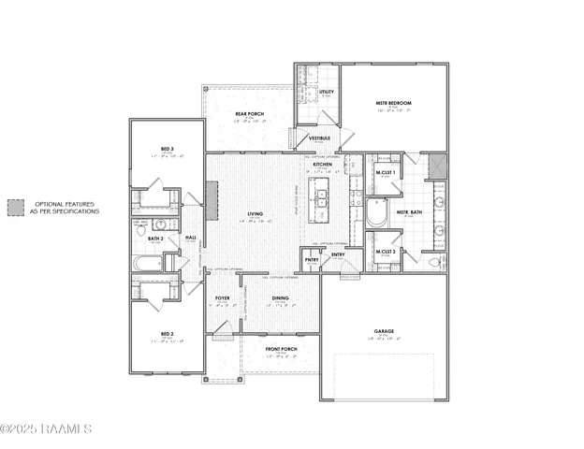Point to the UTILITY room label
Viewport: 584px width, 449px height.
coord(326,93)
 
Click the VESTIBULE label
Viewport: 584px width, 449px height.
coord(320,138)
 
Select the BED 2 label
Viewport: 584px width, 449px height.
coord(167,333)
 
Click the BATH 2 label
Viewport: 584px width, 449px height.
coord(155,239)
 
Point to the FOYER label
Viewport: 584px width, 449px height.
coord(223,297)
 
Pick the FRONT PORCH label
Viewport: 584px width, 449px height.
coord(281,349)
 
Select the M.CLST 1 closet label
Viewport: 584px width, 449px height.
coord(386,173)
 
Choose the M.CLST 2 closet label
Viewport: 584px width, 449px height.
coord(386,252)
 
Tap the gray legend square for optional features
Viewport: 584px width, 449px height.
coord(16,208)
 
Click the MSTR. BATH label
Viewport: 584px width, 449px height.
coord(409,212)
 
